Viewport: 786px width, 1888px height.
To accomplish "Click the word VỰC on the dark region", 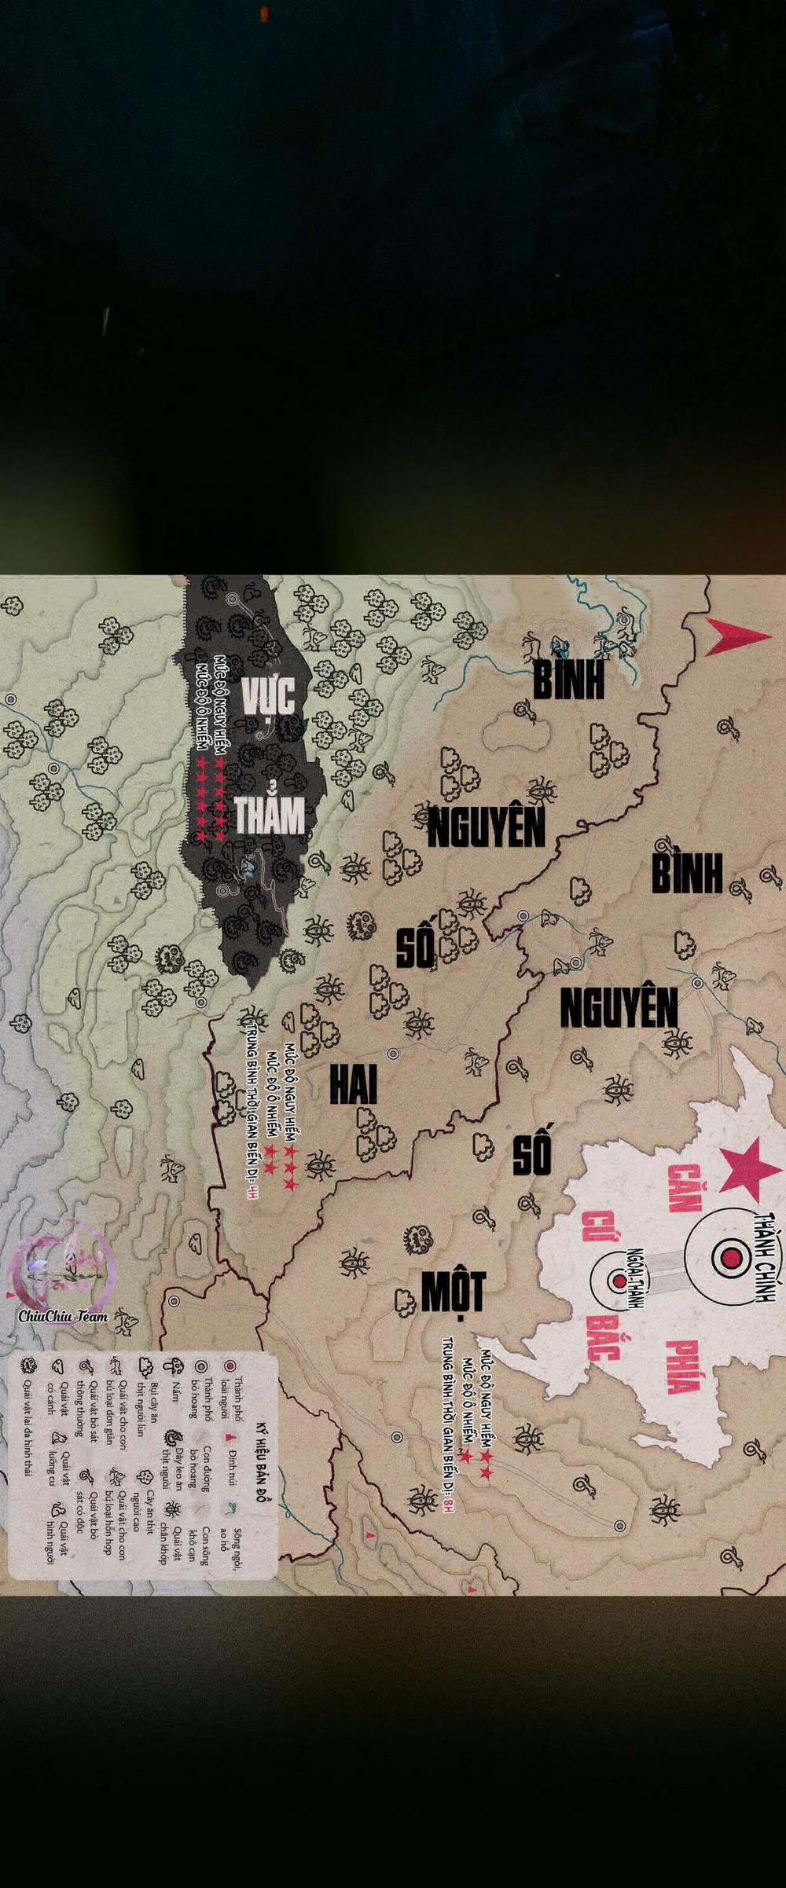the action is tap(267, 695).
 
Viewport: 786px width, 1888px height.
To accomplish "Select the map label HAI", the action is tap(353, 1085).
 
